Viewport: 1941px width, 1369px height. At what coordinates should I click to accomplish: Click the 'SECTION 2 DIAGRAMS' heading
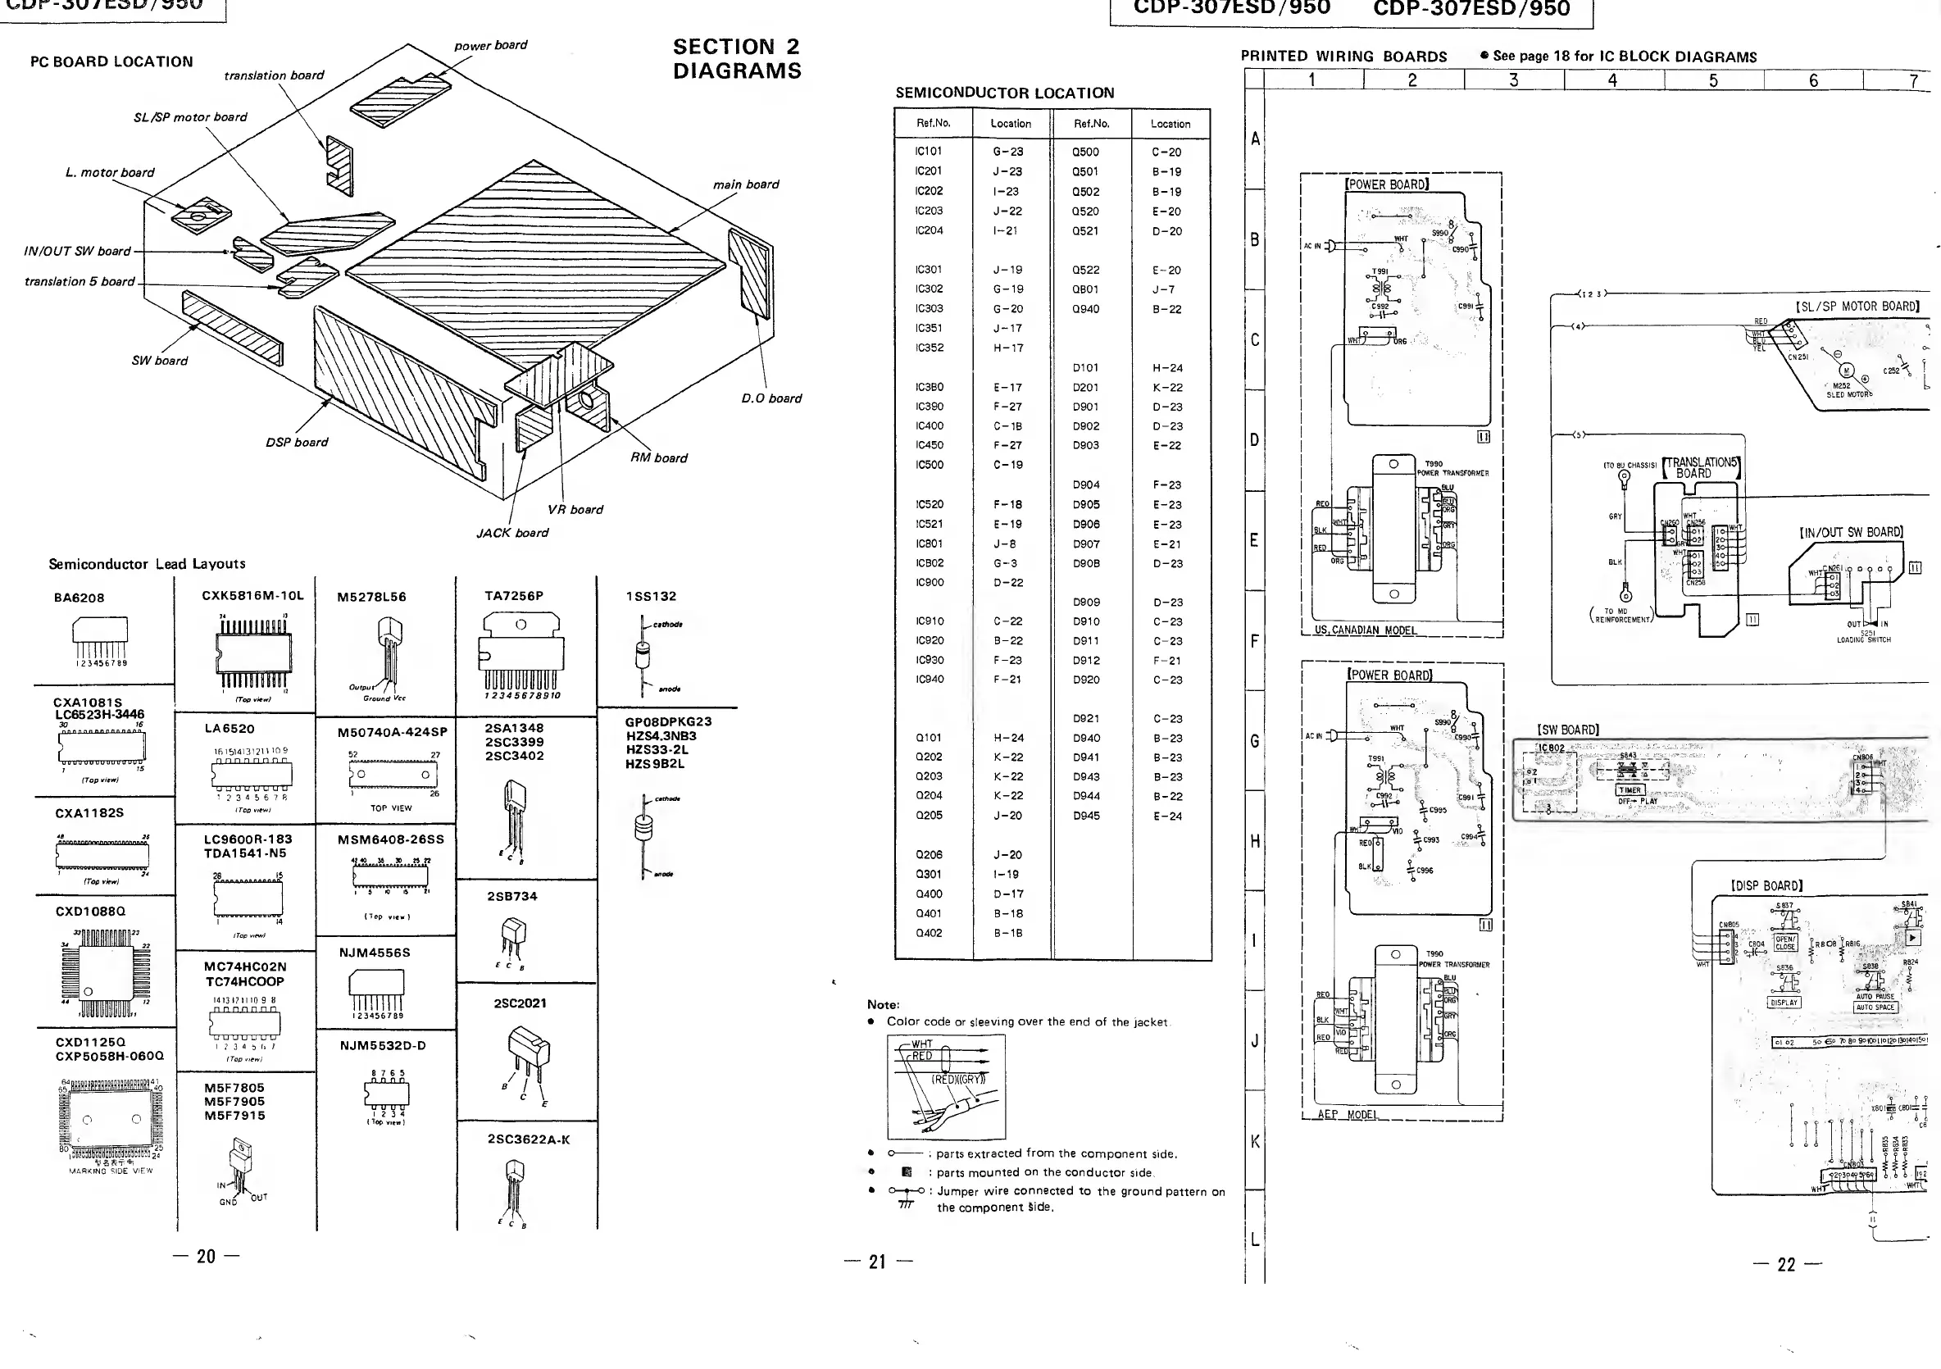(736, 58)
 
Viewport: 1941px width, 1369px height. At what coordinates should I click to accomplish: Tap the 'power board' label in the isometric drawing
(490, 45)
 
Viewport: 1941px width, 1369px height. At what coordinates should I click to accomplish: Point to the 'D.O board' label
(771, 398)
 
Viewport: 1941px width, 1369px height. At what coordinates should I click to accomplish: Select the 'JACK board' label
(512, 533)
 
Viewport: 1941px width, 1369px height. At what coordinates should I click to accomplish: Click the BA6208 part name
(80, 598)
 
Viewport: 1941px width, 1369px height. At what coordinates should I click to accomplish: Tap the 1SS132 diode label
(651, 596)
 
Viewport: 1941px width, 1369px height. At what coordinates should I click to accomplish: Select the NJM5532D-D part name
(383, 1045)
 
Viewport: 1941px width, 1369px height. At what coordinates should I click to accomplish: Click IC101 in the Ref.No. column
(928, 152)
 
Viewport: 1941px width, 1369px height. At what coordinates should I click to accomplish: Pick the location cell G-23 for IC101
(1008, 152)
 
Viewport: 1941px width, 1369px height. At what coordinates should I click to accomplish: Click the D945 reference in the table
(1086, 815)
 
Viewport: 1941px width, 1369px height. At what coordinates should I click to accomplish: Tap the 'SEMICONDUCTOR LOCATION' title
(1004, 93)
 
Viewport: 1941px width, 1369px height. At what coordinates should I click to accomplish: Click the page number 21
(878, 1262)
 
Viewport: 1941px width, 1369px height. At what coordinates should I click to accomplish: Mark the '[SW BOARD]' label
(1567, 730)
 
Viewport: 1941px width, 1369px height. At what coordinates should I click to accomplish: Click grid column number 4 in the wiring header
(1613, 80)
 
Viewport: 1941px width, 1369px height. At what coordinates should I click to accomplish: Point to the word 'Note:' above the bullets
(883, 1004)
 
